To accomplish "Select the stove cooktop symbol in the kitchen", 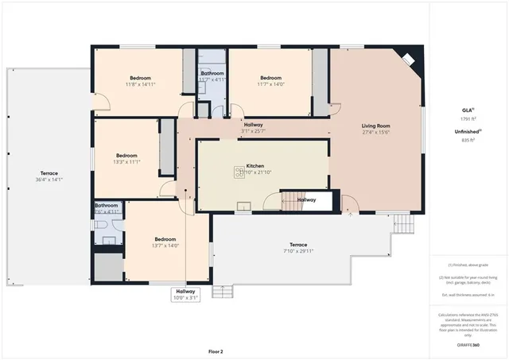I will click(x=239, y=172).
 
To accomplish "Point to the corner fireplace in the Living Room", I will click(x=406, y=60).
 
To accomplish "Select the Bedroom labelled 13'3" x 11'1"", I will click(x=127, y=158).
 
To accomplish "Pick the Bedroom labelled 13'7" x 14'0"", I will click(x=165, y=242).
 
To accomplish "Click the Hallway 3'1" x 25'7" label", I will click(x=253, y=128).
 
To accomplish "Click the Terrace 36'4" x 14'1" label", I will click(x=49, y=176).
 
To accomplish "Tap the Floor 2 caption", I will click(x=216, y=350).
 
